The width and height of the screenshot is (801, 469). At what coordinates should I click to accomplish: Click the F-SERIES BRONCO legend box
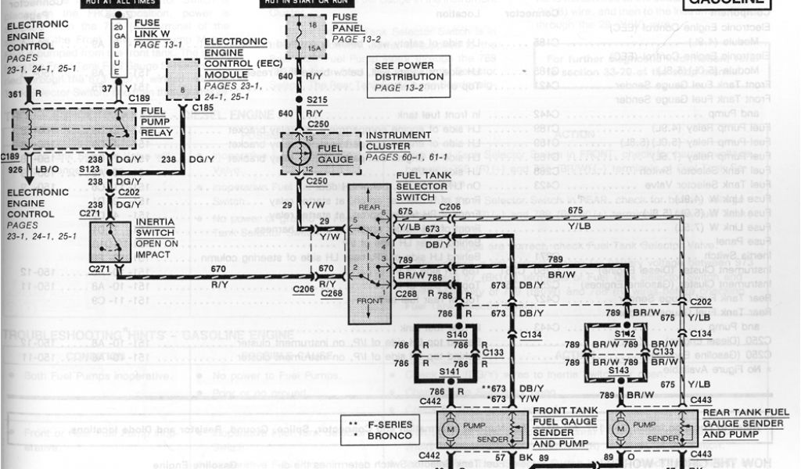(376, 429)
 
